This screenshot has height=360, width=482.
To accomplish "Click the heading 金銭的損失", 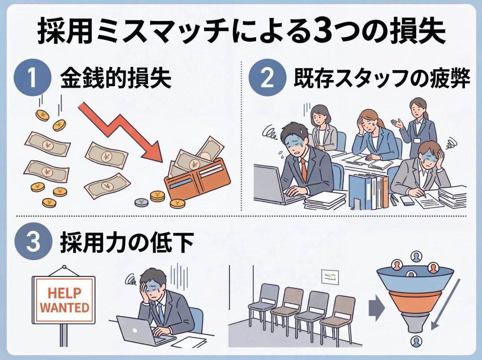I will point(115,80).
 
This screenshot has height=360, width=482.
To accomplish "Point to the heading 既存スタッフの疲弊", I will point(382,80).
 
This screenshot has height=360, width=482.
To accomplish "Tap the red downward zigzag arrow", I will point(123,131).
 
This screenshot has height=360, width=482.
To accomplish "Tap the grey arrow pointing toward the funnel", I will point(373,308).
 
